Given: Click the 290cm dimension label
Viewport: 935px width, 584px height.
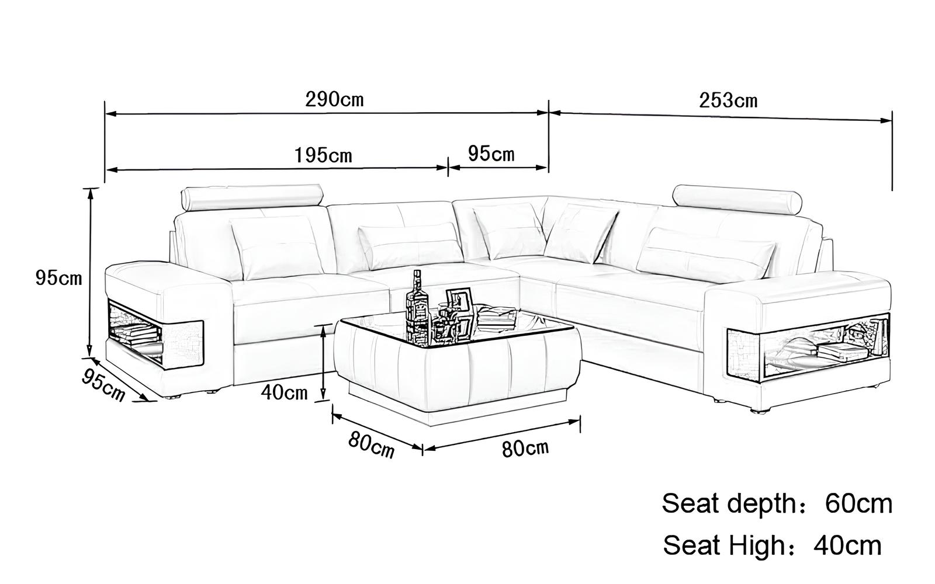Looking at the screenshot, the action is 334,100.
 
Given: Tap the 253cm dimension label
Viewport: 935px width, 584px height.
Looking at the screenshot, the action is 728,100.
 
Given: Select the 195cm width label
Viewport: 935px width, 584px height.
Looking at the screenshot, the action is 324,155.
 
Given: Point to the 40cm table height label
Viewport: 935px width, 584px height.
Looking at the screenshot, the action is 284,392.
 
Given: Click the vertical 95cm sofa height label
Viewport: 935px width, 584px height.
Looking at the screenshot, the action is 59,278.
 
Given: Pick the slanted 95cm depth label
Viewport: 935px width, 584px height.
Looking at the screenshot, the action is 103,385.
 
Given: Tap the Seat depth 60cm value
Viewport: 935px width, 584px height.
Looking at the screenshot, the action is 858,504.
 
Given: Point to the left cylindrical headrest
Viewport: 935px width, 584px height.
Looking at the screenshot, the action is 252,197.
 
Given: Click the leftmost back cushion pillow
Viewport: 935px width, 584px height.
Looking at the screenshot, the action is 278,248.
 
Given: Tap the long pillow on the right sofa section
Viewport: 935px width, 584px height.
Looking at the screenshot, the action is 705,253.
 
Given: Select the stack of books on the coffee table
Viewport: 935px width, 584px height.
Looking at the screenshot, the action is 497,318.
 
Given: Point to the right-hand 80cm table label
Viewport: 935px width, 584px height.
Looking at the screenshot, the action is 525,449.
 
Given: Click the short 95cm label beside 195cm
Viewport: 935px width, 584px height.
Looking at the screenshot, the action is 491,154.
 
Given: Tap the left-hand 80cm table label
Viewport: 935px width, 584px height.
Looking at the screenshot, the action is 371,445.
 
